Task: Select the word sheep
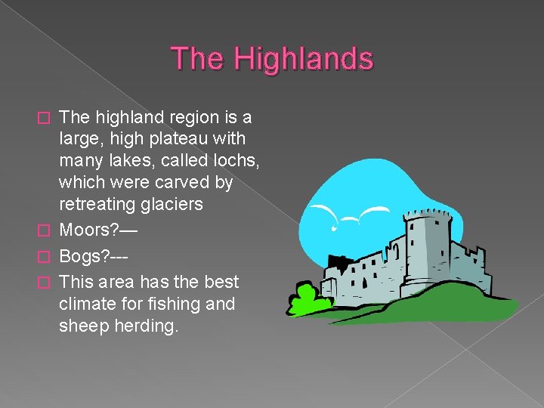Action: [x=84, y=326]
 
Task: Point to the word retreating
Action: [x=97, y=205]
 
